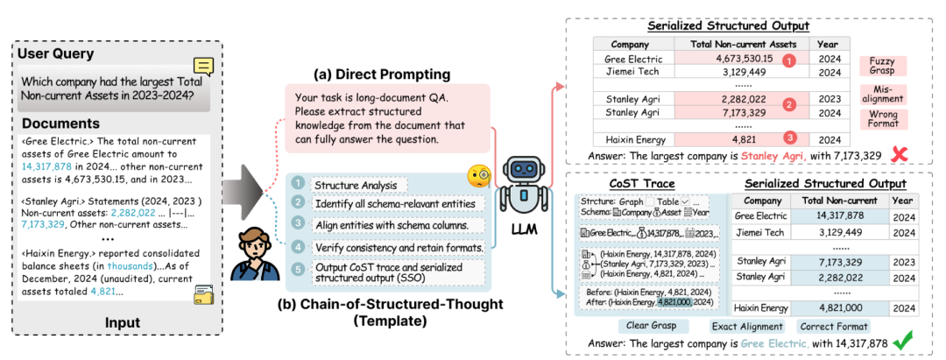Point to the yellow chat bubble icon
pos(204,67)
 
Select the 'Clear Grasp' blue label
pos(652,326)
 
